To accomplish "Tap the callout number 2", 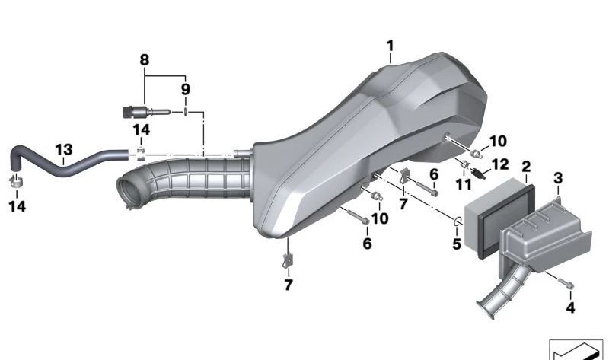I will [526, 166].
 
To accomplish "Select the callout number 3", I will [558, 178].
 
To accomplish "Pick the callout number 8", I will [144, 59].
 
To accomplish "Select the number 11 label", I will [464, 184].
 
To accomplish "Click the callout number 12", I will [499, 164].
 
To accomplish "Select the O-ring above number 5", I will [458, 221].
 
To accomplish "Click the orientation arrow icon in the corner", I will [576, 350].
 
